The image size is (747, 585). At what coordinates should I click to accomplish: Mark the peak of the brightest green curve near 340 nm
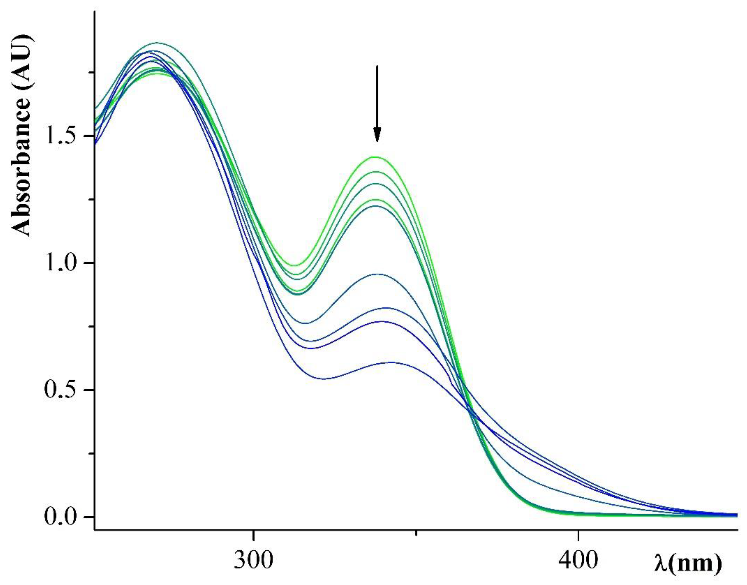click(x=377, y=157)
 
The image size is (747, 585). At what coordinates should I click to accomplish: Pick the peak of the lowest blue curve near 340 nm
click(x=390, y=362)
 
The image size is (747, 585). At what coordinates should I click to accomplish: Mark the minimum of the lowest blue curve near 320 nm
click(x=324, y=379)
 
